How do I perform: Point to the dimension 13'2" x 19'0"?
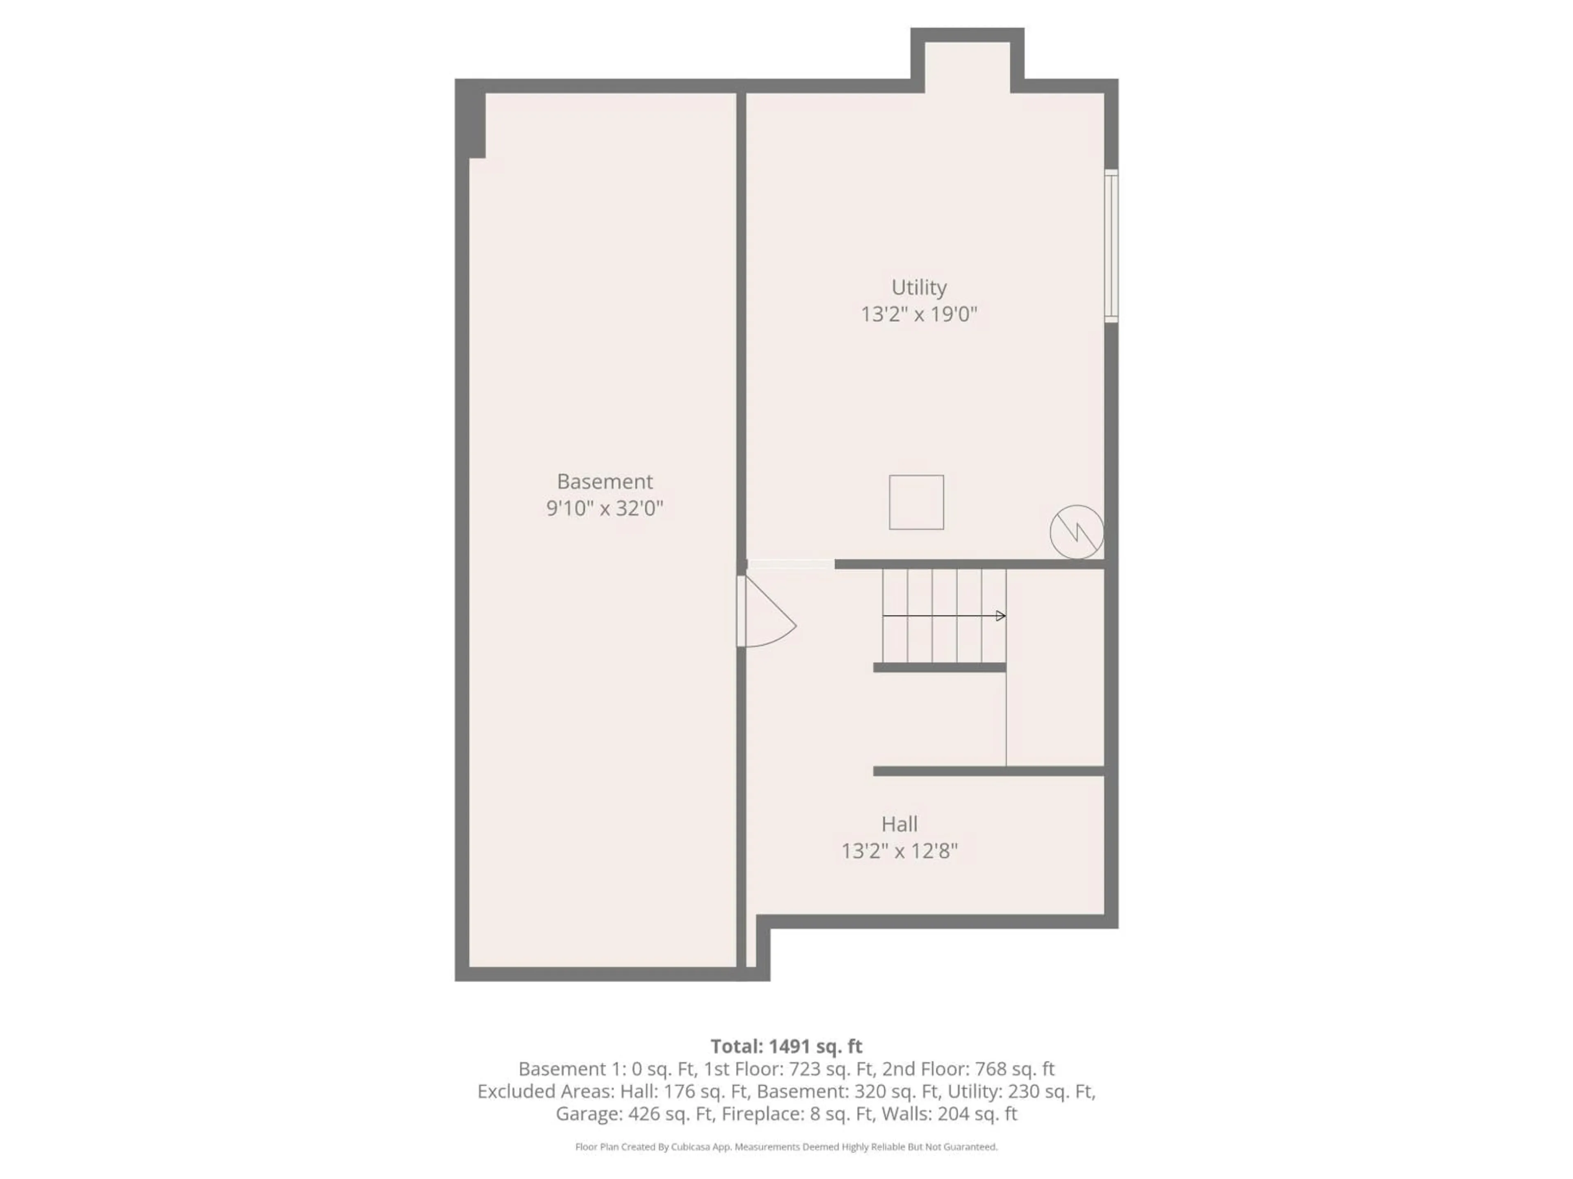(x=919, y=314)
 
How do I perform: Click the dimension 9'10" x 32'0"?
(x=605, y=508)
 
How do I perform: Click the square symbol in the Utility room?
(x=916, y=502)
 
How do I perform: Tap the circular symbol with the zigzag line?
(x=1077, y=532)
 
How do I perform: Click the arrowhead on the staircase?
(x=1001, y=615)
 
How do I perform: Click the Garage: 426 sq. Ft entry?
(x=634, y=1113)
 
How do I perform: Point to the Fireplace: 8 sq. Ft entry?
(x=797, y=1113)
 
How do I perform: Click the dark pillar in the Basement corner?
(x=476, y=124)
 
